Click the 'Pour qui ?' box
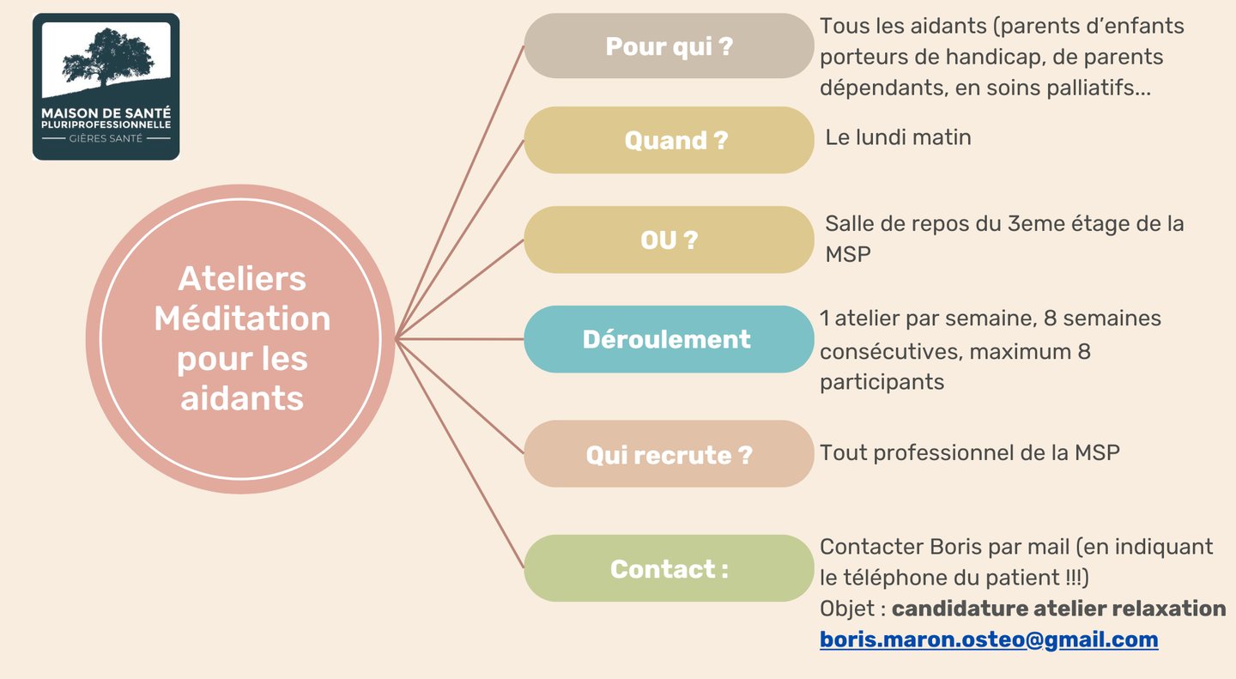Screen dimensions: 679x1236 (x=669, y=46)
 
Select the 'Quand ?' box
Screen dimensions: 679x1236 (x=669, y=140)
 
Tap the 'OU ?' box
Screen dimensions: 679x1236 (x=669, y=240)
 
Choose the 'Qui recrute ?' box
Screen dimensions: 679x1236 (x=669, y=454)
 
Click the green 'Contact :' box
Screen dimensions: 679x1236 (x=669, y=568)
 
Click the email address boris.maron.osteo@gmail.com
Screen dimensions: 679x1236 (x=989, y=640)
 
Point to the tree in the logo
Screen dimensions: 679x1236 (x=106, y=57)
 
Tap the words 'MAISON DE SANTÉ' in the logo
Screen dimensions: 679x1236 (x=106, y=112)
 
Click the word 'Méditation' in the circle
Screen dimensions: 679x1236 (x=242, y=318)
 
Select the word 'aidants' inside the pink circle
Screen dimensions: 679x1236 (x=242, y=398)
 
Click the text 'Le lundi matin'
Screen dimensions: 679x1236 (x=898, y=136)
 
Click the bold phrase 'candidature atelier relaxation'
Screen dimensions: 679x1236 (x=1058, y=609)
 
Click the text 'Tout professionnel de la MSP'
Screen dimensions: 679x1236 (x=970, y=452)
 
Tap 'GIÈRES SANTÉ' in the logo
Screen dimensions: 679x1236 (x=106, y=138)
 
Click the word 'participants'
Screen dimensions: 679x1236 (x=882, y=382)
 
